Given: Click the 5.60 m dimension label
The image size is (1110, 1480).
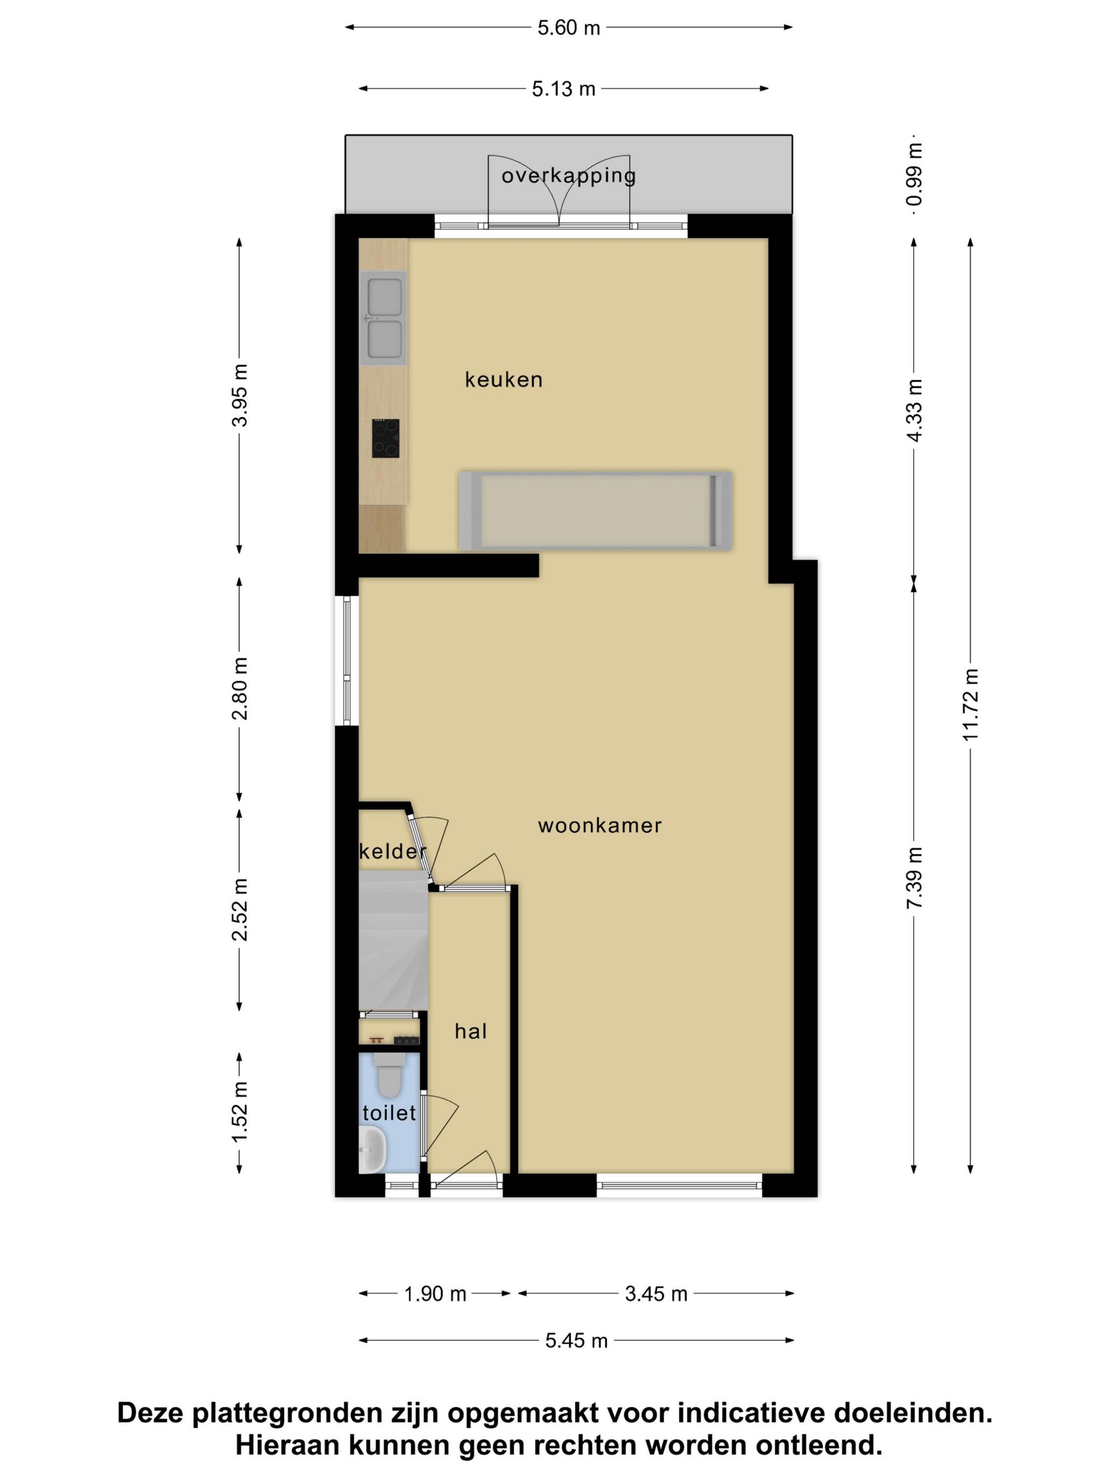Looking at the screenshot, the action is coord(569,28).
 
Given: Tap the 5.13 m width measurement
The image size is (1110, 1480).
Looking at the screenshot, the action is coord(563,89).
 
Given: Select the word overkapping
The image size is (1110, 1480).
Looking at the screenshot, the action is coord(569,176).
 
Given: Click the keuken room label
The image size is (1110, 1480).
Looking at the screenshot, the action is coord(504,380).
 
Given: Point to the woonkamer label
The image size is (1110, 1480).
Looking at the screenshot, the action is coord(600,826).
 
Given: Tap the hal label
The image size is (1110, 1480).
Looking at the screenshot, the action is coord(471,1031).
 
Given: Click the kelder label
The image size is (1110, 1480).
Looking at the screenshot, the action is coord(393,851).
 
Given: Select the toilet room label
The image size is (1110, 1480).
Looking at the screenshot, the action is coord(390,1113).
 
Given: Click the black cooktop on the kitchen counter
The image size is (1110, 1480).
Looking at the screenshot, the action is coord(386,438).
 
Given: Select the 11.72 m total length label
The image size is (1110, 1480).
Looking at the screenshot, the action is coord(971,705).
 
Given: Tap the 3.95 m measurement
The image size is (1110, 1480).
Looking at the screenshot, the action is coord(239,395).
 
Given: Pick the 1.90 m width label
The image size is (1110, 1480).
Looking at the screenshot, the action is coord(435,1294).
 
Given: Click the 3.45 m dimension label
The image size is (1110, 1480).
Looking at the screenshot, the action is coord(656,1294).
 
